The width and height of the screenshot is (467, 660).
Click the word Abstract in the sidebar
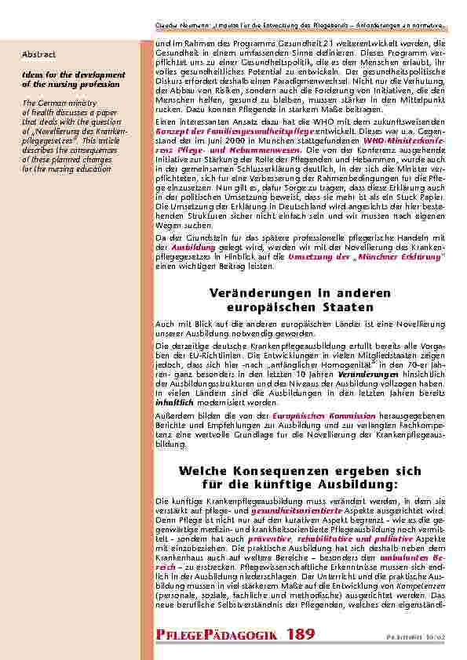[x=39, y=54]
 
